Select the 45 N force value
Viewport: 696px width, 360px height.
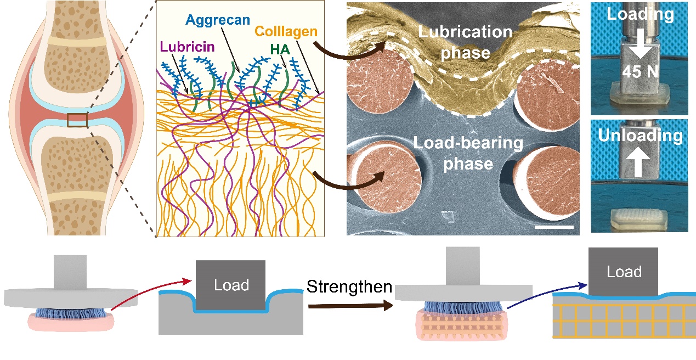tap(640, 72)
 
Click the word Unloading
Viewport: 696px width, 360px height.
tap(640, 135)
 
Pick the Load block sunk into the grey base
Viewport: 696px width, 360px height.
tap(231, 285)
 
